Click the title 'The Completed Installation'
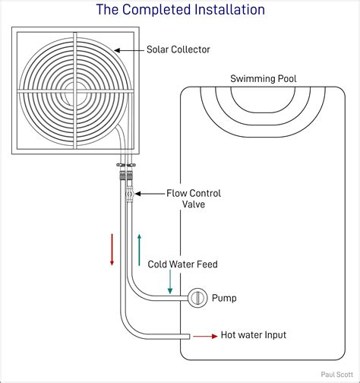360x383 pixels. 180,10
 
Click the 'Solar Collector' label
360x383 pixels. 178,50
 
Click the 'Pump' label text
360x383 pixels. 224,298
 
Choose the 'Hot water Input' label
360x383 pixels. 253,334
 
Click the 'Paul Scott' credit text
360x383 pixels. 336,375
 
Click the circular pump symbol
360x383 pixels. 197,298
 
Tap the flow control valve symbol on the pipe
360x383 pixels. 128,195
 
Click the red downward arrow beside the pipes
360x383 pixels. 112,249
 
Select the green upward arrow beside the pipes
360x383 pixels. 139,249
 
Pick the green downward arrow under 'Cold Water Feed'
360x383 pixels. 170,283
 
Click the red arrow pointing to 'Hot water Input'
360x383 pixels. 204,334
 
